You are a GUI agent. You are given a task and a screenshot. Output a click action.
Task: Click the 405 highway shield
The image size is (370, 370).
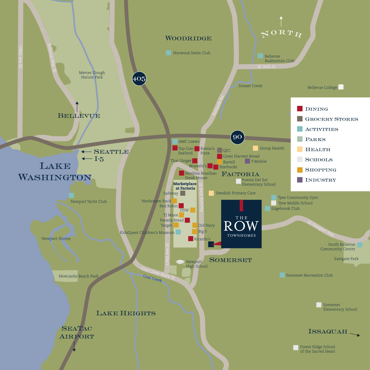click(x=139, y=79)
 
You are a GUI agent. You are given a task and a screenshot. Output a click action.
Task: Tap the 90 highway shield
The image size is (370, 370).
click(x=237, y=137)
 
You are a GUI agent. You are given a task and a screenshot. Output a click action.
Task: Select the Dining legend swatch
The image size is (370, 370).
click(x=300, y=109)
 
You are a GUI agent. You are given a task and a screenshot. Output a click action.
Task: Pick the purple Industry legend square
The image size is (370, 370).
click(x=300, y=180)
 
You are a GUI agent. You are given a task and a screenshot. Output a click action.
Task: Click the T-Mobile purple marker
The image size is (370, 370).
click(x=247, y=161)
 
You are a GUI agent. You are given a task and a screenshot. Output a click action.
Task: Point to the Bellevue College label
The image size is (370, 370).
click(x=322, y=88)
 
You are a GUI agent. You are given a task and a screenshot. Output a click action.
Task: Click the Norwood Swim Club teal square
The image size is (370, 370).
click(x=168, y=53)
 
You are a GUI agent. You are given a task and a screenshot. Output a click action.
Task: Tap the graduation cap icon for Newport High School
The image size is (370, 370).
click(x=180, y=262)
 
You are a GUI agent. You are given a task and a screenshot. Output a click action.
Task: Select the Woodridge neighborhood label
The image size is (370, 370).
click(x=188, y=38)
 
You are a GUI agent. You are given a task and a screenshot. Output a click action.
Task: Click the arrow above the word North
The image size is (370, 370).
click(x=281, y=21)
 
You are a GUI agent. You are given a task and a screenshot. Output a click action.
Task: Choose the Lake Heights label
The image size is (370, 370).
click(x=126, y=313)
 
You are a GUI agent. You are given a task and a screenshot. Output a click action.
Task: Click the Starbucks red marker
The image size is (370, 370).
click(x=216, y=167)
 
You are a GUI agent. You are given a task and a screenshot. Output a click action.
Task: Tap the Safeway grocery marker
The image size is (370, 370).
click(x=183, y=193)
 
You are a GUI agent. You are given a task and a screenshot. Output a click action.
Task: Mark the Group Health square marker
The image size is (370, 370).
click(x=255, y=148)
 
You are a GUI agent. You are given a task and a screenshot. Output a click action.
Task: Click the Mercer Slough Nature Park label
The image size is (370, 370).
click(x=92, y=75)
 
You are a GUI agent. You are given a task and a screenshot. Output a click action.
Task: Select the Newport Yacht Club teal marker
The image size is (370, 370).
click(x=71, y=195)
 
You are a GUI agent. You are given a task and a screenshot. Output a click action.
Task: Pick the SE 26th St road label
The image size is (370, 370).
click(x=266, y=67)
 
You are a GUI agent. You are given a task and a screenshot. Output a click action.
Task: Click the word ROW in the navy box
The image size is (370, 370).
click(x=241, y=226)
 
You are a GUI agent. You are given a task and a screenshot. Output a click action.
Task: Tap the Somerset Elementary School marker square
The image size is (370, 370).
click(x=319, y=305)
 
